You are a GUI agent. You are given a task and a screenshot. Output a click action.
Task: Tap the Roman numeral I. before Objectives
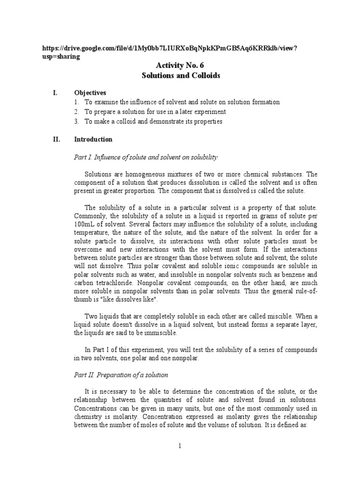click(55, 93)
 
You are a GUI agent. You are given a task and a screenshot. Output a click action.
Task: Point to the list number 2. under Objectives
click(76, 112)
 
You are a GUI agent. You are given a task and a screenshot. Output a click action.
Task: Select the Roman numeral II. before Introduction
click(56, 139)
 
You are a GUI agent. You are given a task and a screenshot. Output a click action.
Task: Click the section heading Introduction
click(93, 139)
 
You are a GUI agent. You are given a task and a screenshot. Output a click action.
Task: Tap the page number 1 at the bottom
click(180, 446)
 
